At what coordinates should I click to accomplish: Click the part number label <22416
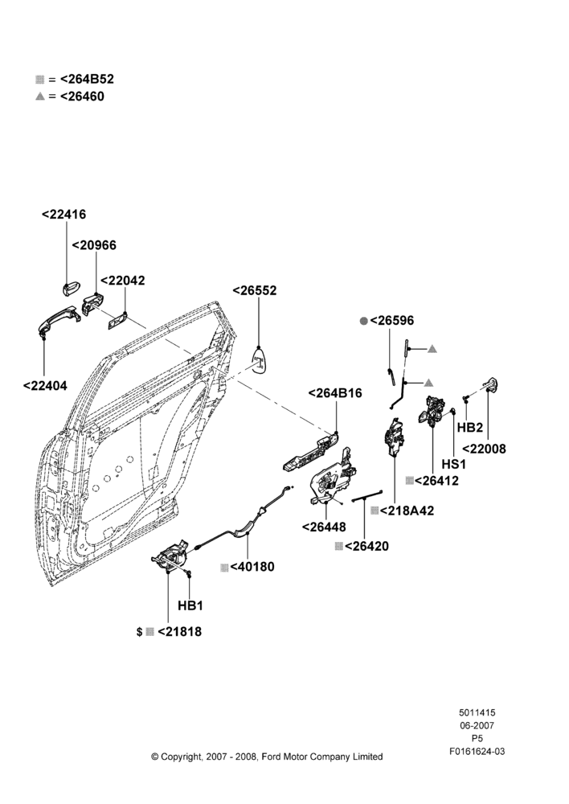click(x=63, y=215)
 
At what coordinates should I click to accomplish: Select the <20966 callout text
click(x=94, y=245)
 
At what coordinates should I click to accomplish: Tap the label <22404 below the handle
click(x=45, y=386)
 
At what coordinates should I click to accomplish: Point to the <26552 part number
click(x=254, y=290)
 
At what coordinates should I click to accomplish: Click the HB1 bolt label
click(x=190, y=605)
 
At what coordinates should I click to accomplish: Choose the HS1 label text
click(x=454, y=464)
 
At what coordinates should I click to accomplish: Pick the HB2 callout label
click(x=470, y=427)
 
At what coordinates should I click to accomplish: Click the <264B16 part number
click(x=335, y=393)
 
